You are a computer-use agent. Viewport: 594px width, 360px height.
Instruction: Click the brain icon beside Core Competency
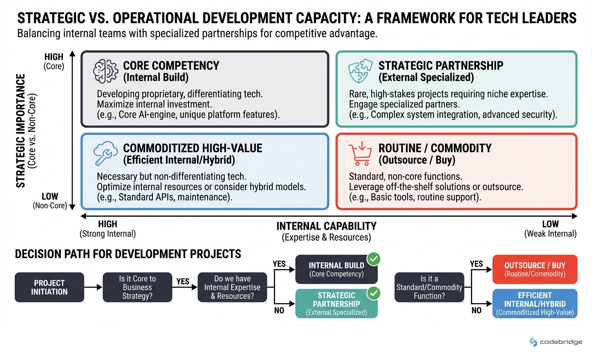coord(105,71)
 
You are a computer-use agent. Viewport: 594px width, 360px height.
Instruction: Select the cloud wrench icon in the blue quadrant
coord(105,153)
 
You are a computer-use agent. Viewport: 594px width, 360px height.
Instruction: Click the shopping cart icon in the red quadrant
coord(360,154)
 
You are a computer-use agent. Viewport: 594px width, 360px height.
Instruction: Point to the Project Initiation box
coord(49,287)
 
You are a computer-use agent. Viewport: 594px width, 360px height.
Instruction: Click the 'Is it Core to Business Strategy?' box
coord(138,287)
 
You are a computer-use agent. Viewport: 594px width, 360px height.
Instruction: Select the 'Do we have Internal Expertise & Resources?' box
coord(232,287)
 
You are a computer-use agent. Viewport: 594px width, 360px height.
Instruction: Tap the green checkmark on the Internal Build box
coord(373,259)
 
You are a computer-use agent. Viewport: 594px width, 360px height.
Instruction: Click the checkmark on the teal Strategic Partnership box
coord(373,293)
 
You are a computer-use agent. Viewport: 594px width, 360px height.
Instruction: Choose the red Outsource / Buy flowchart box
coord(535,269)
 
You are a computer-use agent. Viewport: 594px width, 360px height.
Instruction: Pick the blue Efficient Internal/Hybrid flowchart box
coord(535,303)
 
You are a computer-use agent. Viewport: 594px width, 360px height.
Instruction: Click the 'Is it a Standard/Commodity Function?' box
coord(429,287)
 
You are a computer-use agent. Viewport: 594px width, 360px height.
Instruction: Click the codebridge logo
coord(556,342)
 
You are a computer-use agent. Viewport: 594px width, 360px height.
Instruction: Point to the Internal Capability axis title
coord(326,227)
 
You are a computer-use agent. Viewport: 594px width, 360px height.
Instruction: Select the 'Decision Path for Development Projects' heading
coord(128,254)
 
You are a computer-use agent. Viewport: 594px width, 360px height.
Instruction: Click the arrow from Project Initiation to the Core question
coord(93,287)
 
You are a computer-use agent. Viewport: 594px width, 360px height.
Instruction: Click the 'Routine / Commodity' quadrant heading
coord(435,148)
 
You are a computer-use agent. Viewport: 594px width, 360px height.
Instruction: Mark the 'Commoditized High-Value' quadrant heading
coord(192,148)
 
